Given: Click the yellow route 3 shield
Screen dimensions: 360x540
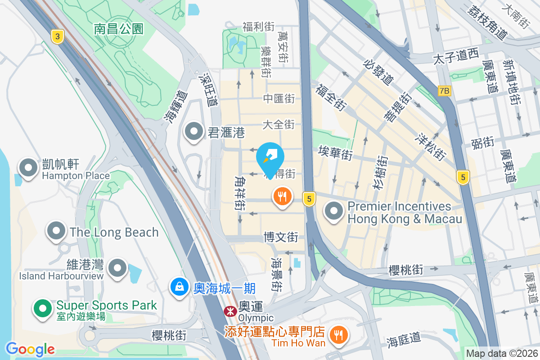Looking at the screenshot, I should coord(57,36).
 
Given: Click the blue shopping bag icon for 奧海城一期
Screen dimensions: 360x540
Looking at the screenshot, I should coord(180,287).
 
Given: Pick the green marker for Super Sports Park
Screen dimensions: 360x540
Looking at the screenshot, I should coord(43,308).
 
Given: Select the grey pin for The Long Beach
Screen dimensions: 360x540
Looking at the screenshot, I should coord(56,231).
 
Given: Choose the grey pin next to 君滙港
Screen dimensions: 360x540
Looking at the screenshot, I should coord(194,131).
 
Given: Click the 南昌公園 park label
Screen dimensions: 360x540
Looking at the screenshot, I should coord(119,29).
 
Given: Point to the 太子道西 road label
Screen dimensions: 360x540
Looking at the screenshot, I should coord(455,57).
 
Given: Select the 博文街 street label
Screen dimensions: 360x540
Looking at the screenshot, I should coord(281,236).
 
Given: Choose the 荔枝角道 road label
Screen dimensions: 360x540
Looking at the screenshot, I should coord(488,22).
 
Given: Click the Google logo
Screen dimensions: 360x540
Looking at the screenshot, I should coord(30,349).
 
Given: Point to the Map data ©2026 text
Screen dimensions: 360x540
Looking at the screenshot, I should coord(502,354).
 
